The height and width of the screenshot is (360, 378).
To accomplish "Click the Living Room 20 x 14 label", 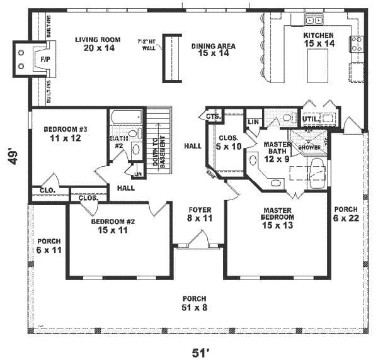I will pos(93,44).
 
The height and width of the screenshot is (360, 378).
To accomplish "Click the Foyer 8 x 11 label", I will pos(200,213).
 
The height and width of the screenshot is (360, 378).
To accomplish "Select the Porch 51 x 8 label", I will pos(195,303).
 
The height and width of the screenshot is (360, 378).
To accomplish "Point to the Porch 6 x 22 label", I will pos(346,213).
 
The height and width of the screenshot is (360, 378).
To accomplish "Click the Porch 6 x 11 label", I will pos(48,245).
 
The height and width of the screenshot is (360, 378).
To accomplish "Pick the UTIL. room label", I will pos(309,118).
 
